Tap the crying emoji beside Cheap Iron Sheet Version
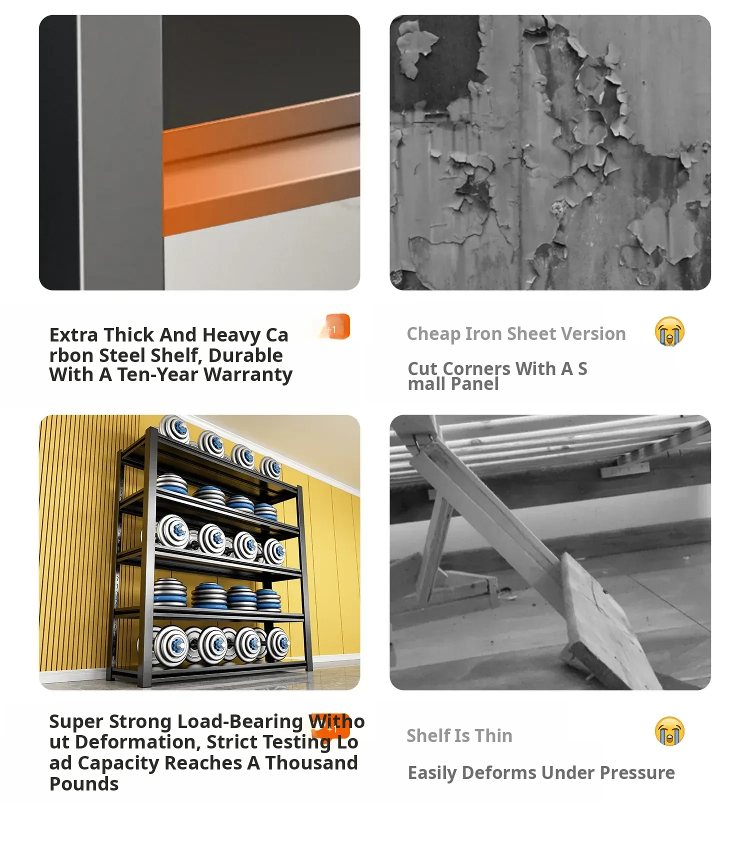click(x=669, y=331)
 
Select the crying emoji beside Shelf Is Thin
click(x=669, y=731)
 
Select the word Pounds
click(x=84, y=784)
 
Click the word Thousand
click(x=311, y=763)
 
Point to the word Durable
click(x=245, y=355)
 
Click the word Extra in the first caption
click(x=73, y=335)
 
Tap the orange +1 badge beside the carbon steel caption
click(x=335, y=326)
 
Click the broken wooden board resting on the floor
click(x=610, y=620)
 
